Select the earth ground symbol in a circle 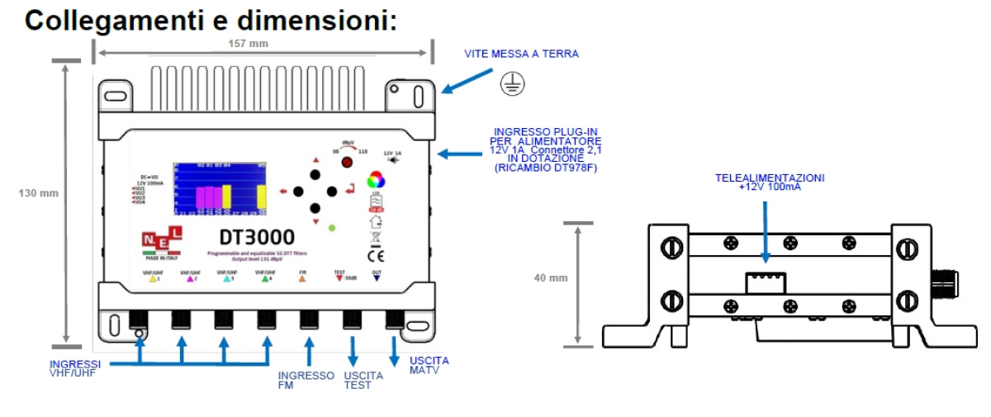pos(512,83)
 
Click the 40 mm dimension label pos(551,277)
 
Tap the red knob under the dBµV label pos(335,163)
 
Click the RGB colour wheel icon pos(376,180)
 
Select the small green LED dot pos(331,226)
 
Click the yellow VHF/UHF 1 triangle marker pos(152,280)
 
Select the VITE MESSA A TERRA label pos(521,54)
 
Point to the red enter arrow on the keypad pos(351,192)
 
